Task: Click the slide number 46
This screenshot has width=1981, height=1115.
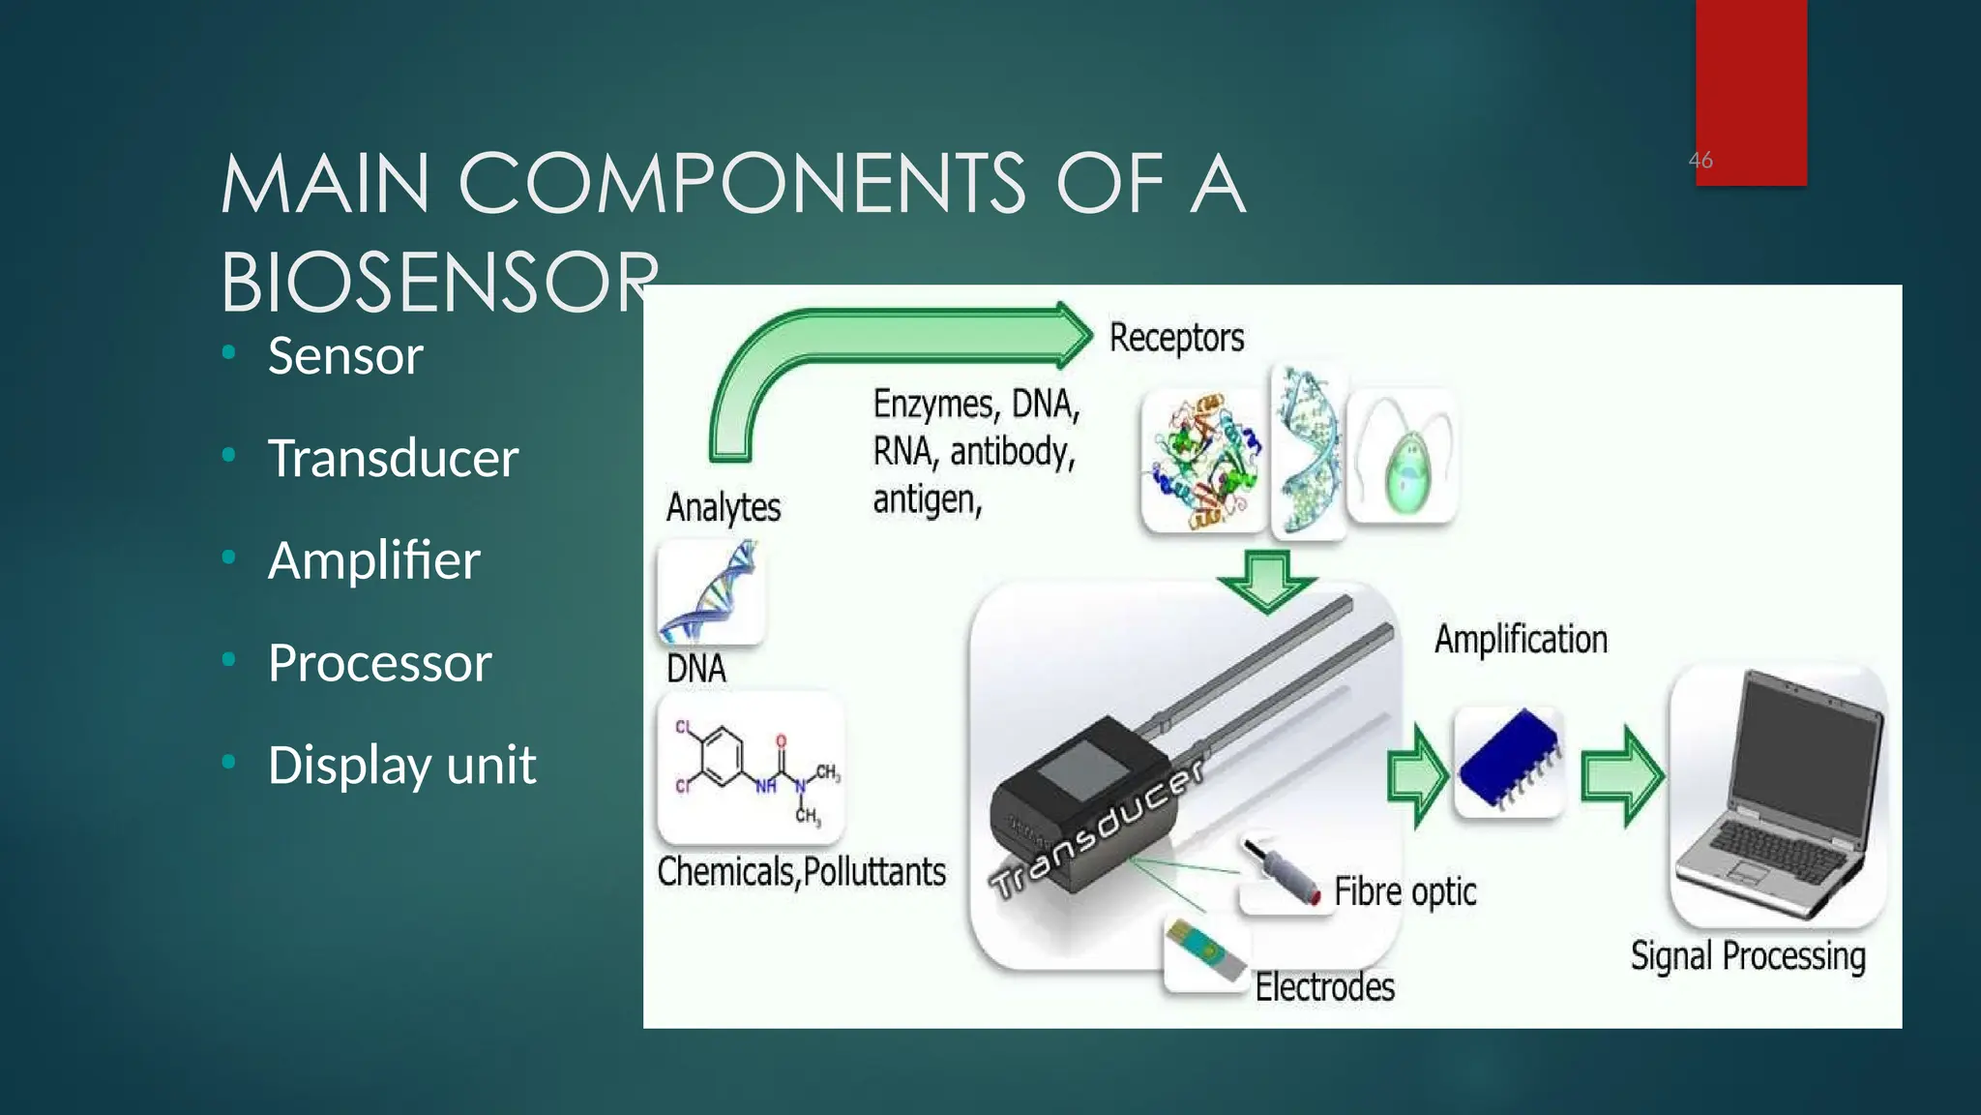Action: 1700,160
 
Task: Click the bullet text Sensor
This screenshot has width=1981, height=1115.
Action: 345,355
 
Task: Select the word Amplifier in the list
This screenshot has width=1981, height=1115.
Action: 373,560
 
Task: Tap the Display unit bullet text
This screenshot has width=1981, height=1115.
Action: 401,765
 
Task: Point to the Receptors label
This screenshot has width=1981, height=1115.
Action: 1176,338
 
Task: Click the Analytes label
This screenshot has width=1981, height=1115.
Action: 723,507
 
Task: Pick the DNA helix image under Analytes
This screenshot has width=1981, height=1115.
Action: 711,592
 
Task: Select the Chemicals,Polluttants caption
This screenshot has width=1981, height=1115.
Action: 801,872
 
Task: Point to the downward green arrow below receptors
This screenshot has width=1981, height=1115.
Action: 1266,581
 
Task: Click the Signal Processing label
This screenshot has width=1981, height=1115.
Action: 1747,956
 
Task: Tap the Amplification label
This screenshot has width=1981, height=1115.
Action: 1521,640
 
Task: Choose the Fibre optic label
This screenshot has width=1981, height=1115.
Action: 1404,891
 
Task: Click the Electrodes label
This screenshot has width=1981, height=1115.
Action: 1324,987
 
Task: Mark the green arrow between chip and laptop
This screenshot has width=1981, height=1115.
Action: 1621,775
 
